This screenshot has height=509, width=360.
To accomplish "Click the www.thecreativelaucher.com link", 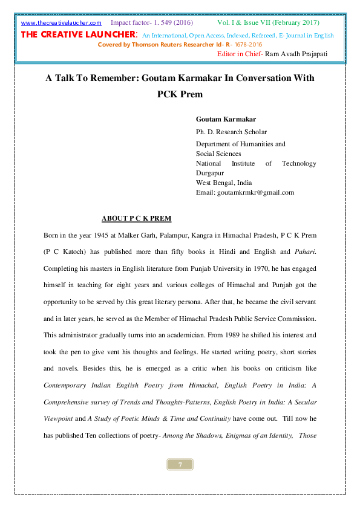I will (61, 23).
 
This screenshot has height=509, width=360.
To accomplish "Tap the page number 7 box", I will (180, 464).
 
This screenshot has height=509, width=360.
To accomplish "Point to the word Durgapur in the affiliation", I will (210, 173).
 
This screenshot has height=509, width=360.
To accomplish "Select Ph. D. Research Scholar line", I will (231, 132).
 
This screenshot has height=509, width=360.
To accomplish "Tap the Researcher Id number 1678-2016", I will (248, 45).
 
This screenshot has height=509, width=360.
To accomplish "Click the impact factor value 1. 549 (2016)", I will (171, 22).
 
